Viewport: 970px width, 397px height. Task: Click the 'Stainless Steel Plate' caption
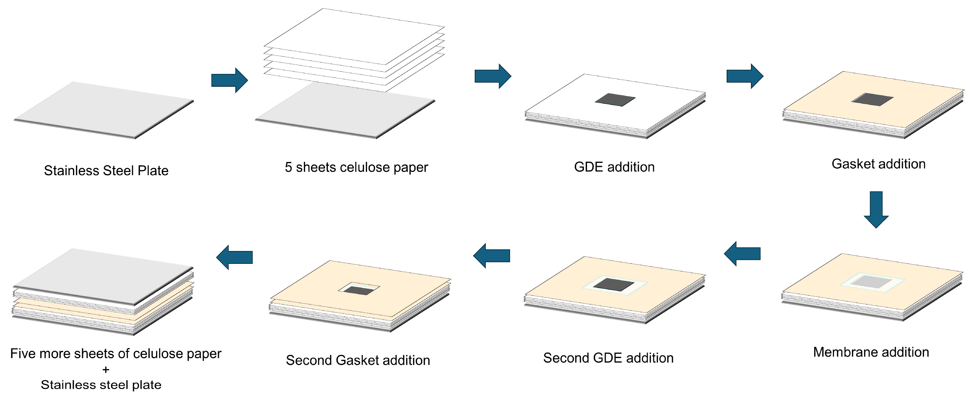pyautogui.click(x=106, y=171)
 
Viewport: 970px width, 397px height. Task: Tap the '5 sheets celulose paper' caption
pyautogui.click(x=356, y=167)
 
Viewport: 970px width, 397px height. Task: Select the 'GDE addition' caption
pyautogui.click(x=614, y=167)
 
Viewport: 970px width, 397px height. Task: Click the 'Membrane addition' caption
pyautogui.click(x=871, y=352)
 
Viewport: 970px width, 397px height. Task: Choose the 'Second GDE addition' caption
pyautogui.click(x=608, y=358)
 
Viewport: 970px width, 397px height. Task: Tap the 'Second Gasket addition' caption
pyautogui.click(x=358, y=360)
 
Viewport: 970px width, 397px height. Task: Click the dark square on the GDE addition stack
pyautogui.click(x=615, y=100)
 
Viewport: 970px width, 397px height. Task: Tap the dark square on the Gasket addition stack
pyautogui.click(x=872, y=99)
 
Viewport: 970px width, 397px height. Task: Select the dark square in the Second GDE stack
pyautogui.click(x=614, y=284)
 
